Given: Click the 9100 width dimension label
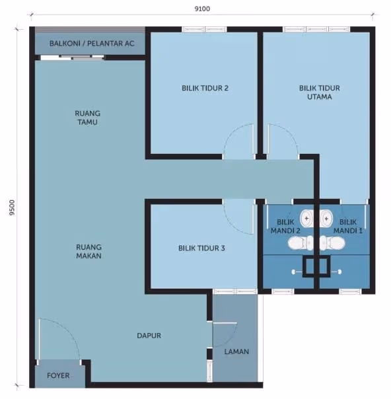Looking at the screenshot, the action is (202, 9).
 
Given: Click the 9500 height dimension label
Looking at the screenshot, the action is (12, 207).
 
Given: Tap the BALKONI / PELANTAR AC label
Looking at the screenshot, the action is (92, 44).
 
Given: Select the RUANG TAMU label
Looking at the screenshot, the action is (87, 118).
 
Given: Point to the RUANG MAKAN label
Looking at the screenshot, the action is (89, 251).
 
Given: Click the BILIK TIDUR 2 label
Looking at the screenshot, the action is (205, 89).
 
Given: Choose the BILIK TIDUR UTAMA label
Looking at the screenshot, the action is (320, 92).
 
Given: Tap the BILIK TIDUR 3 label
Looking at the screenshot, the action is (201, 248).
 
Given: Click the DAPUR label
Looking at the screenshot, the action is (149, 336).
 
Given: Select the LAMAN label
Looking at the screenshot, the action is (236, 351).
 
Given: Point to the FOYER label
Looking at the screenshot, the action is (58, 376).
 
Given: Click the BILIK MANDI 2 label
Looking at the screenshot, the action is (285, 226).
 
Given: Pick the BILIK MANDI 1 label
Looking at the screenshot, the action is (348, 226).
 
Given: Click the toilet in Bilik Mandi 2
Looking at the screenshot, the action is (301, 243).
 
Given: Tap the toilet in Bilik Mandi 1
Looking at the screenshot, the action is (332, 243).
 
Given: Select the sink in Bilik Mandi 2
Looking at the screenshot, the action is (307, 219).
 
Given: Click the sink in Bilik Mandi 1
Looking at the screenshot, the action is (326, 219).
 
